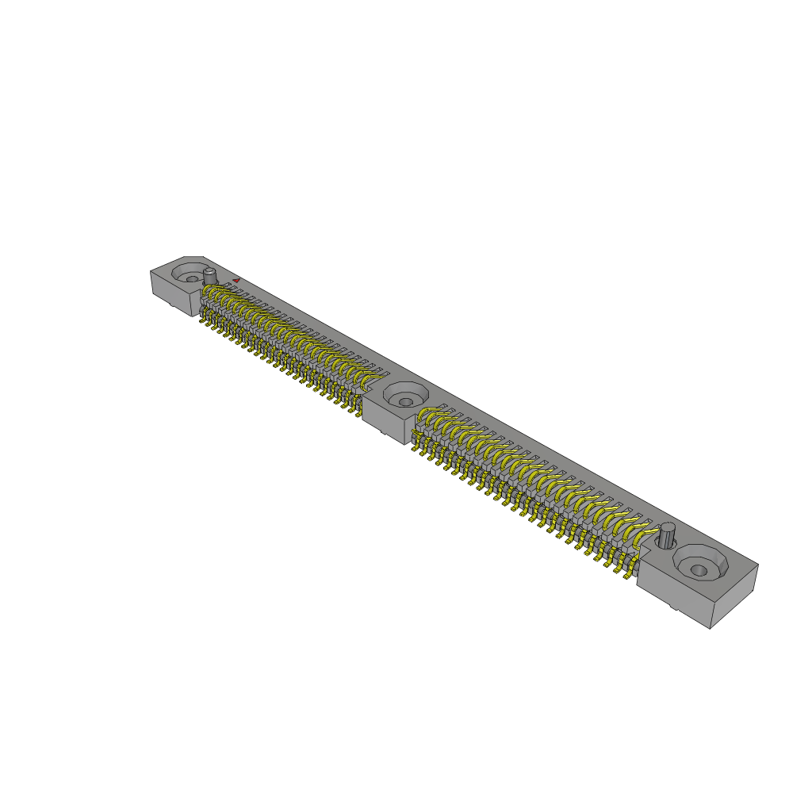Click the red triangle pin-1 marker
(x=236, y=280)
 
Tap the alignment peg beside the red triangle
(x=210, y=277)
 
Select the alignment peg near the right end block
(x=668, y=535)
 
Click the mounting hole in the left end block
(x=191, y=278)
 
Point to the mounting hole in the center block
(x=405, y=394)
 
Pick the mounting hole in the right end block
(x=699, y=569)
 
